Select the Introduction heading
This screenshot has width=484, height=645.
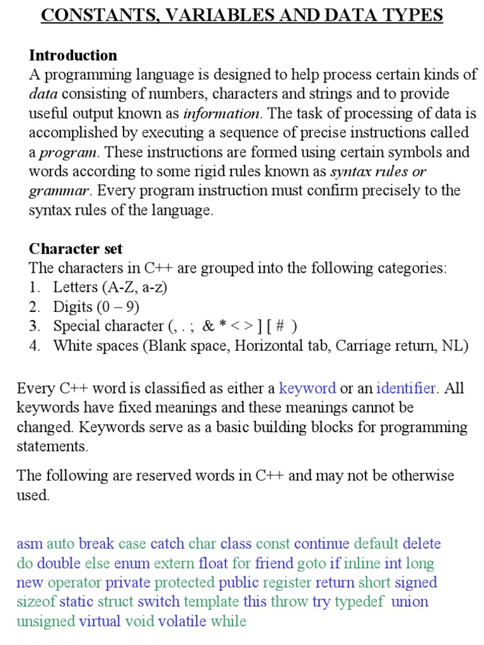[73, 55]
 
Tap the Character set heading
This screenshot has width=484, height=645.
[76, 249]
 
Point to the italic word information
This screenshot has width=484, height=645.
[221, 113]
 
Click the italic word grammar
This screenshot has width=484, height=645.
[60, 191]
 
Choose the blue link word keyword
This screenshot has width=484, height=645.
[308, 388]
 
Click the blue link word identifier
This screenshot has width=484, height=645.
[406, 388]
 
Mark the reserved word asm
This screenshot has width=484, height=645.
[29, 544]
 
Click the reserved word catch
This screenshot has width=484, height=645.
[167, 544]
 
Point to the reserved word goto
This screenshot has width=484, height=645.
[311, 563]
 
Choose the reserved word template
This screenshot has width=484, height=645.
[211, 602]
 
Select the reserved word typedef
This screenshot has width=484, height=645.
[359, 602]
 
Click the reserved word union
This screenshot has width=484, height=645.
[410, 602]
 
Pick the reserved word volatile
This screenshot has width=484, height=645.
[182, 622]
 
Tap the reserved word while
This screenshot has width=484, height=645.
[228, 622]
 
